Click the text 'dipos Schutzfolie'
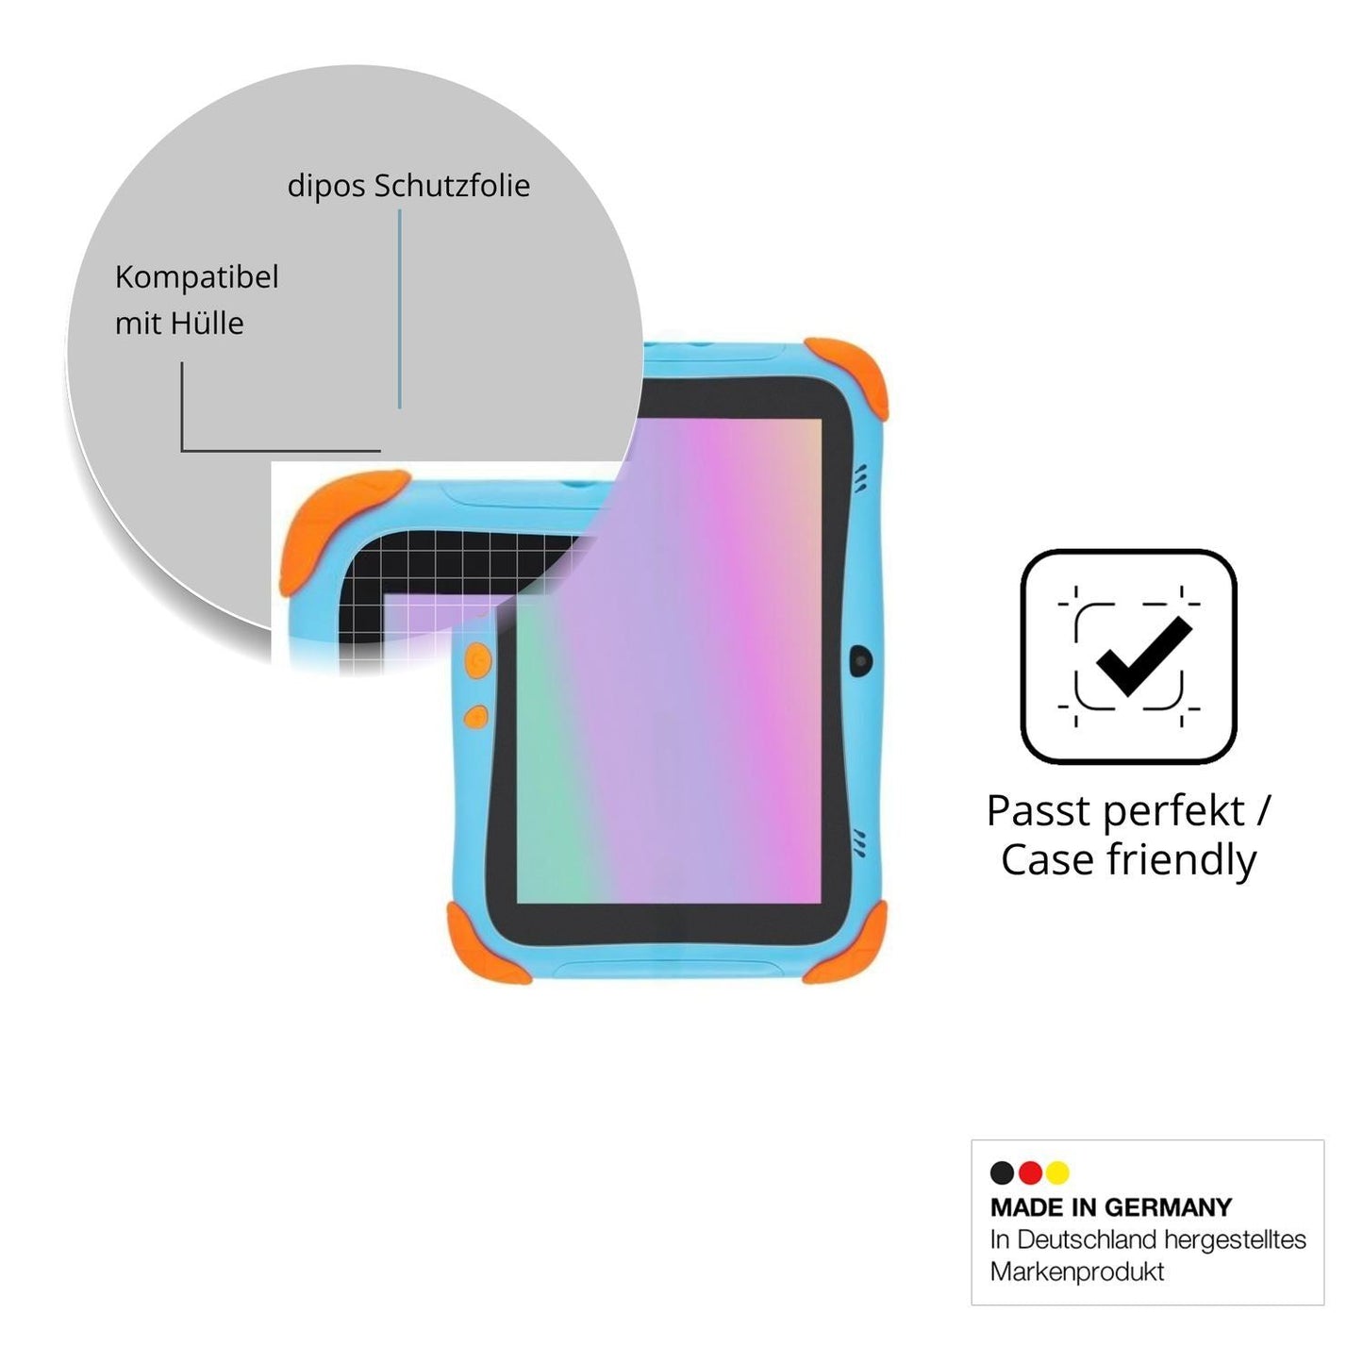[408, 186]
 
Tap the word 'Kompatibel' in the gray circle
[196, 277]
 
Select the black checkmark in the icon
[1142, 656]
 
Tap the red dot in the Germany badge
[1030, 1172]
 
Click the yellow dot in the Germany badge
[1057, 1172]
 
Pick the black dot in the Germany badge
[1002, 1172]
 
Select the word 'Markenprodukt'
[1076, 1272]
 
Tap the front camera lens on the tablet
[860, 660]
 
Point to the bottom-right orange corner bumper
[849, 944]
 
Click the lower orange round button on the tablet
[476, 717]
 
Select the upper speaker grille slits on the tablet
[861, 479]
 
